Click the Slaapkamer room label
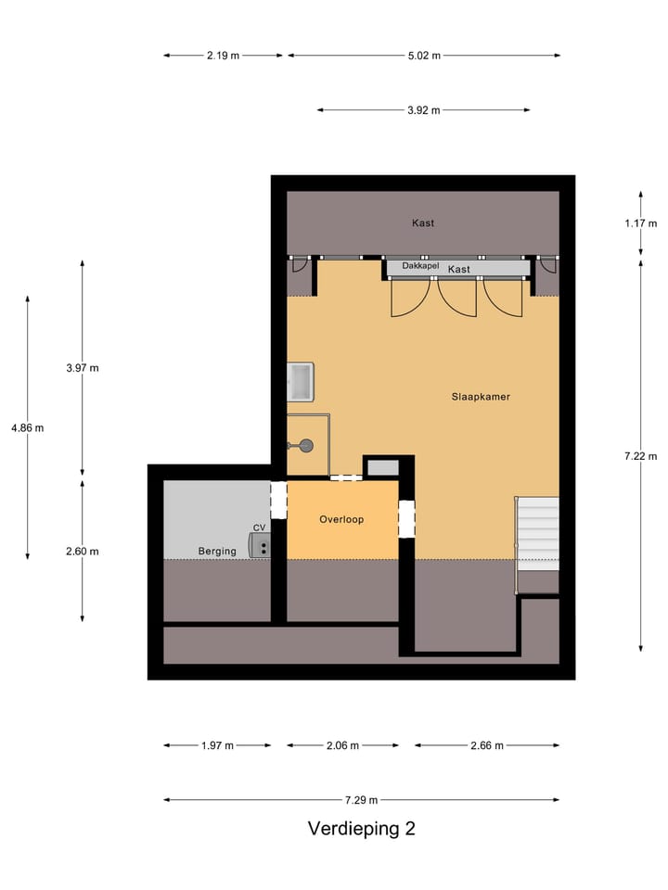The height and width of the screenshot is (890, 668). [480, 396]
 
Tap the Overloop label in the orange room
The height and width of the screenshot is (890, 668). [341, 519]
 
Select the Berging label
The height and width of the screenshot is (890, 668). [217, 551]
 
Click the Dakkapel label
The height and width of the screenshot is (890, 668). [420, 267]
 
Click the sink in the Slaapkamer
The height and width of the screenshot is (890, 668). [301, 381]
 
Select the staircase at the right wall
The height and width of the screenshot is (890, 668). [537, 534]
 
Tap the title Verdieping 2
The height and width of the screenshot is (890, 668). [362, 829]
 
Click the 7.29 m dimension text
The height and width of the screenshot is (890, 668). [361, 800]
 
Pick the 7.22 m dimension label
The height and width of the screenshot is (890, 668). [640, 455]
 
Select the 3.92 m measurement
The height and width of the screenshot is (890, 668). [423, 109]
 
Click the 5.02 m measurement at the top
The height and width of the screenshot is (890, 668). [423, 55]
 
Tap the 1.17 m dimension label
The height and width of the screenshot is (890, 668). [640, 222]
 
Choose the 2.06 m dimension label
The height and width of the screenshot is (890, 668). [342, 744]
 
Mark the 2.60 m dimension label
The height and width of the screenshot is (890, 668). [82, 551]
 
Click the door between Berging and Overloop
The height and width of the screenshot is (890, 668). [278, 500]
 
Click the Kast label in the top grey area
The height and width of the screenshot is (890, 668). [423, 222]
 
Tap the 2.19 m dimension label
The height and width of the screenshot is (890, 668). [223, 55]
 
